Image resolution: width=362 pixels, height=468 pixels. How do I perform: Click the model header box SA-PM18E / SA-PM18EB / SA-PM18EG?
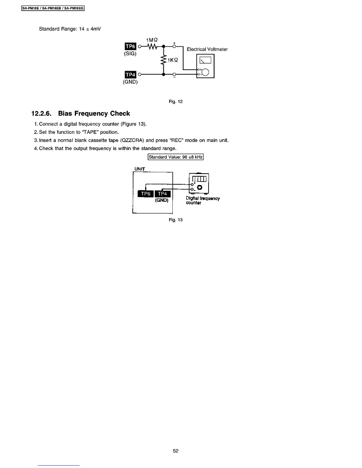53,8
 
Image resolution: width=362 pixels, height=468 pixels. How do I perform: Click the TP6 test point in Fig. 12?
130,46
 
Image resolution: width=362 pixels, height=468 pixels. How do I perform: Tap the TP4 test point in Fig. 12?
130,74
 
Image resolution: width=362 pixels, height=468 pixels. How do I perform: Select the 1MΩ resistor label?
152,40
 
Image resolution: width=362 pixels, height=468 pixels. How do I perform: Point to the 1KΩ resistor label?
173,60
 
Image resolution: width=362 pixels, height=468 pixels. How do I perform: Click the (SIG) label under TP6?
130,54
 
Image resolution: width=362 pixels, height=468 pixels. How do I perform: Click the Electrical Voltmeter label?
207,49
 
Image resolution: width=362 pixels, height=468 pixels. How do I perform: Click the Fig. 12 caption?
176,102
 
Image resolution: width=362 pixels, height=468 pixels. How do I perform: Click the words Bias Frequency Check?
94,114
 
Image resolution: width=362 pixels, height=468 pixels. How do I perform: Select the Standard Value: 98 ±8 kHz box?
176,157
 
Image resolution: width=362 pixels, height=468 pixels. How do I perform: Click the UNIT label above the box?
140,169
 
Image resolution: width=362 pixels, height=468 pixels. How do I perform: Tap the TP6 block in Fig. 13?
146,194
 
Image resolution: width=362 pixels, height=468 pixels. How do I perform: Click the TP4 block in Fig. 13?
162,194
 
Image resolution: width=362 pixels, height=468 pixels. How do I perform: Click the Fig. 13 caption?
176,220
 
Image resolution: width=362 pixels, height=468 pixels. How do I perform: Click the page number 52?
176,451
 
